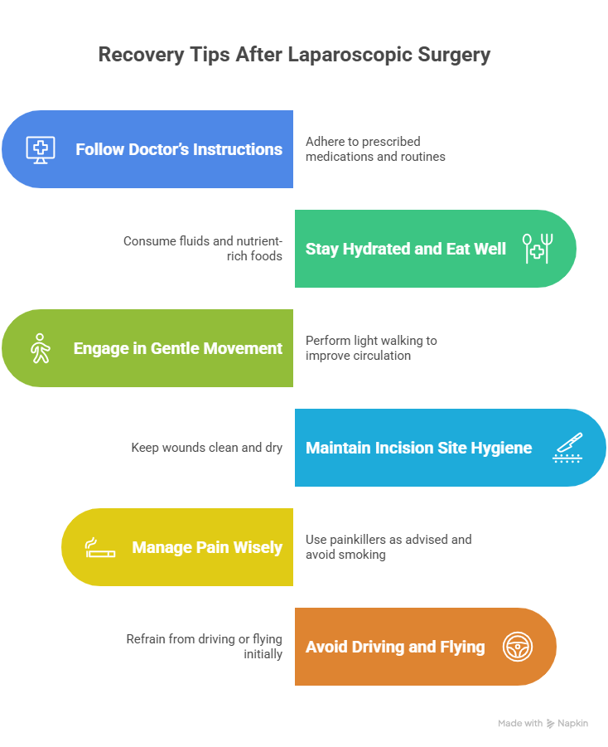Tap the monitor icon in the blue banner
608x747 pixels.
(40, 149)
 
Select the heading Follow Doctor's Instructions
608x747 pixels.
(179, 149)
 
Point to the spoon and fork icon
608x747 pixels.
(538, 249)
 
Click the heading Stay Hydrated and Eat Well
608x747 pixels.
(406, 249)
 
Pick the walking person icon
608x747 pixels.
(40, 348)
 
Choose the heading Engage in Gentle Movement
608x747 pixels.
(178, 348)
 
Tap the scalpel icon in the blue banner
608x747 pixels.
(567, 448)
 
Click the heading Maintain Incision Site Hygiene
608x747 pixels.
(418, 448)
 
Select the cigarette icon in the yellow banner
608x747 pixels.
(100, 547)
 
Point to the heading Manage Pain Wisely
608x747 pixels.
(207, 547)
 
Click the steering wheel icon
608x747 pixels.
(518, 647)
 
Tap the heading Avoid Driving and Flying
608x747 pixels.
(395, 647)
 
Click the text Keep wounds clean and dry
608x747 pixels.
(207, 448)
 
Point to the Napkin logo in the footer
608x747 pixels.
(567, 723)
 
